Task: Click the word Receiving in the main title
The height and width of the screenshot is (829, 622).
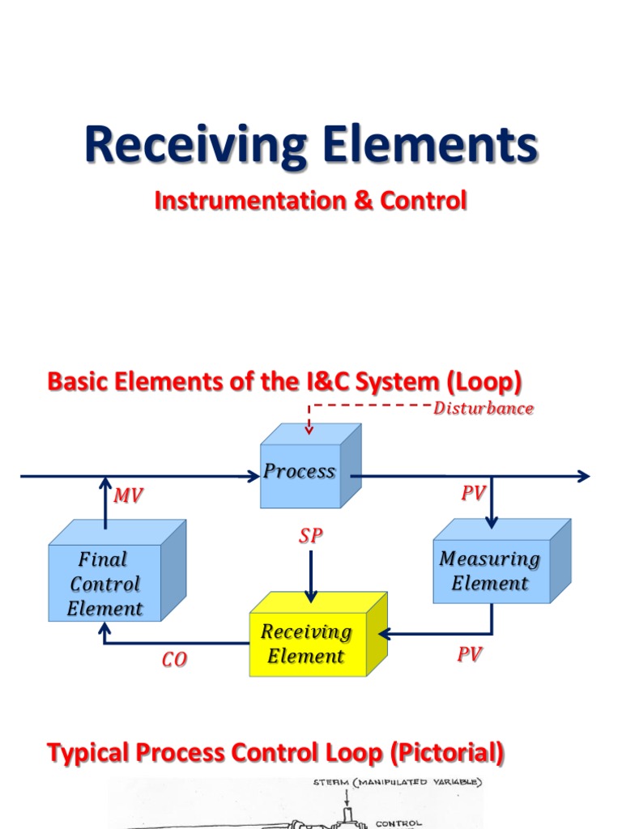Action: click(x=189, y=146)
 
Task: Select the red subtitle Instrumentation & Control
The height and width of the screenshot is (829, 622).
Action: click(x=310, y=200)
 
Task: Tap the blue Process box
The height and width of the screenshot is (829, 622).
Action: click(x=300, y=472)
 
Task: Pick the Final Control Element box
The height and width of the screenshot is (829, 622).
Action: click(x=104, y=584)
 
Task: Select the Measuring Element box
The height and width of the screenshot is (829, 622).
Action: click(x=490, y=571)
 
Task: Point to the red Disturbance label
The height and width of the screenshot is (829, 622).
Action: click(x=483, y=409)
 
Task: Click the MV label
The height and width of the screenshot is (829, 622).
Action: click(x=128, y=496)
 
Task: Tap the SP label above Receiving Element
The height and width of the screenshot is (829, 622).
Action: click(x=311, y=536)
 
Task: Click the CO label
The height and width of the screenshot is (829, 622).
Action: click(x=173, y=661)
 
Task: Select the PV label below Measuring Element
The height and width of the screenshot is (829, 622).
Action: click(x=469, y=655)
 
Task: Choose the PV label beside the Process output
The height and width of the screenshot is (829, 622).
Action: click(x=473, y=494)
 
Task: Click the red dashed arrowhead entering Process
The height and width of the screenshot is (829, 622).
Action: click(x=309, y=431)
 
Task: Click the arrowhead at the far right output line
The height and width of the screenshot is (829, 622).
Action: click(x=583, y=476)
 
